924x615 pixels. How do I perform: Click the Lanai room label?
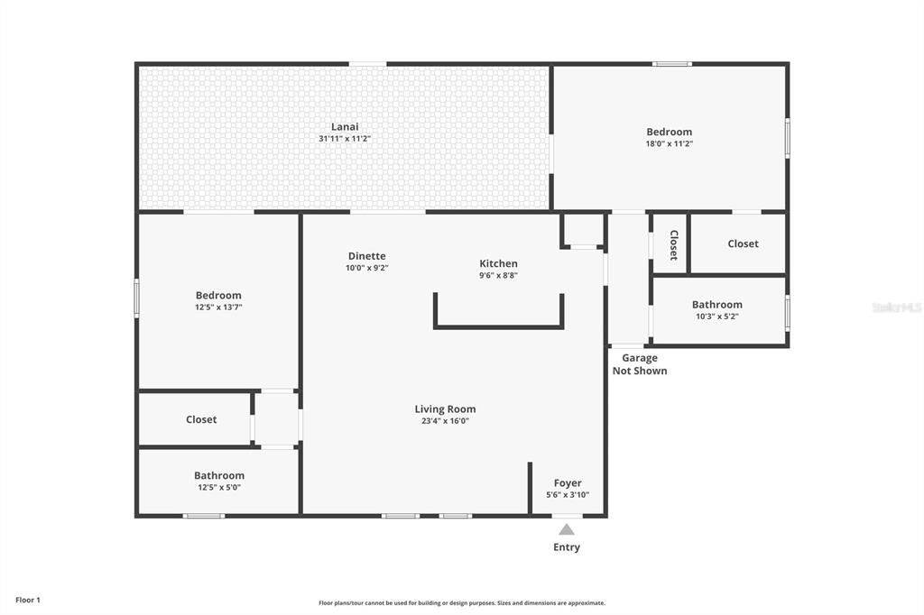pyautogui.click(x=345, y=127)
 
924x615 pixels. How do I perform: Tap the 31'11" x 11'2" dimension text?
pyautogui.click(x=345, y=139)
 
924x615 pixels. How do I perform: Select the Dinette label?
pyautogui.click(x=366, y=256)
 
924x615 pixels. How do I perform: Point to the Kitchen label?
pyautogui.click(x=498, y=263)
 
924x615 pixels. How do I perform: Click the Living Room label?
pyautogui.click(x=445, y=408)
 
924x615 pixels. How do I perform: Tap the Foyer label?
pyautogui.click(x=568, y=483)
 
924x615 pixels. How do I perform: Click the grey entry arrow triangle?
pyautogui.click(x=566, y=529)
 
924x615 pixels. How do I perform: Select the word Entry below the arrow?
pyautogui.click(x=567, y=547)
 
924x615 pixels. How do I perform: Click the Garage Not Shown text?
pyautogui.click(x=640, y=364)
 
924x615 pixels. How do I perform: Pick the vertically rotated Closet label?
pyautogui.click(x=673, y=244)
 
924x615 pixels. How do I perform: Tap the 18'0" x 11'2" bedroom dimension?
pyautogui.click(x=670, y=143)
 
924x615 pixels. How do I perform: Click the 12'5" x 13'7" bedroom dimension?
pyautogui.click(x=218, y=307)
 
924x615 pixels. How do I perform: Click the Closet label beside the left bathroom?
pyautogui.click(x=201, y=419)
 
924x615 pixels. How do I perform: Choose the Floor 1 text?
pyautogui.click(x=28, y=600)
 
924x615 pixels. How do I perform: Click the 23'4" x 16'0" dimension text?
pyautogui.click(x=445, y=420)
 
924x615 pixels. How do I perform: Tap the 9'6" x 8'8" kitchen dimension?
pyautogui.click(x=498, y=275)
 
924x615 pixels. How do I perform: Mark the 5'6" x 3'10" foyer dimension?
pyautogui.click(x=568, y=495)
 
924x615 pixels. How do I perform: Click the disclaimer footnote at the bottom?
pyautogui.click(x=462, y=603)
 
